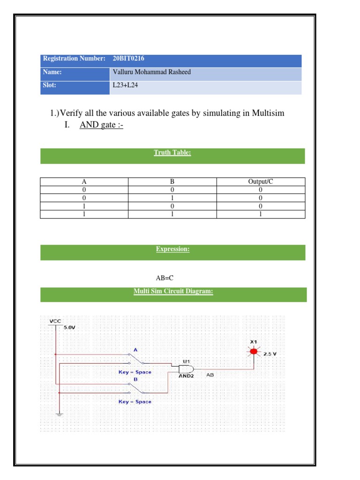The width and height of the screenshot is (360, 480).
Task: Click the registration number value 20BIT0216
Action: (128, 59)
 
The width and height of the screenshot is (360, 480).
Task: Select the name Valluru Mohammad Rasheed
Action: (152, 72)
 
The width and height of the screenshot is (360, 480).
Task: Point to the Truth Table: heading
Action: (172, 152)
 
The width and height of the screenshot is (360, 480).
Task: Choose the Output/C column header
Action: (260, 182)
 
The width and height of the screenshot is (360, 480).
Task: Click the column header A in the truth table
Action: (84, 182)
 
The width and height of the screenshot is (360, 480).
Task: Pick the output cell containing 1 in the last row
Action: (260, 214)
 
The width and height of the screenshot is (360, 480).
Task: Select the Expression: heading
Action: (172, 249)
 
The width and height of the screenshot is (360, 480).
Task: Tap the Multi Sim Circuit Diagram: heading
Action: (173, 292)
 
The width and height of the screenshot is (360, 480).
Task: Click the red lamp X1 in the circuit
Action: (254, 351)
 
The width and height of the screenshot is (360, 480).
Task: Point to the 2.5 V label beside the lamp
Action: (270, 354)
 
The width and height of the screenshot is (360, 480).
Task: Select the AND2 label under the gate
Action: (186, 375)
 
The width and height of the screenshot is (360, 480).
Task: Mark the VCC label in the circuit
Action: (55, 321)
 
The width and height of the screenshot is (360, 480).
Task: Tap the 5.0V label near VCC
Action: (69, 328)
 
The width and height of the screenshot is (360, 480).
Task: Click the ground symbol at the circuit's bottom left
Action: (60, 414)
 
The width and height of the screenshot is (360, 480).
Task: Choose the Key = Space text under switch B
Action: (135, 402)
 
